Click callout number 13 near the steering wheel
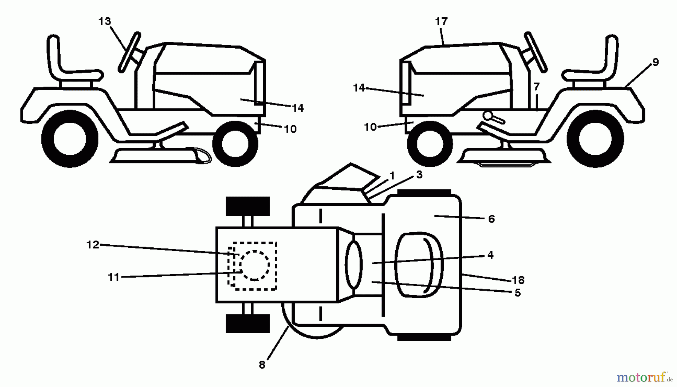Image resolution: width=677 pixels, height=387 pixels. [x=105, y=21]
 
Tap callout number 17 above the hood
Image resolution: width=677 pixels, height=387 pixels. [x=441, y=21]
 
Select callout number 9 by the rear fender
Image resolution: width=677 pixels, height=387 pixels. [x=655, y=62]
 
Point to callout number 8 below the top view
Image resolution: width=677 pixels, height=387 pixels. [x=262, y=364]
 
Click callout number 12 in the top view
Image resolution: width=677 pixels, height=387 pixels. [x=93, y=245]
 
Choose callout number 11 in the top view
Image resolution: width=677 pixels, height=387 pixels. [x=113, y=277]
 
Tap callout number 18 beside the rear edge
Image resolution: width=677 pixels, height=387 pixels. [x=518, y=280]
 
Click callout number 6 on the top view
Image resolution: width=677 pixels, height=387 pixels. [x=491, y=219]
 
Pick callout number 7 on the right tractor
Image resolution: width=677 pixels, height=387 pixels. [x=536, y=87]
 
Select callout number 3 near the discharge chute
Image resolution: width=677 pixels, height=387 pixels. [x=419, y=175]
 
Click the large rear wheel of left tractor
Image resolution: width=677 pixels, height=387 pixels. [x=70, y=139]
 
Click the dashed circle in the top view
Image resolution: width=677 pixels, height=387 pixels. [x=255, y=265]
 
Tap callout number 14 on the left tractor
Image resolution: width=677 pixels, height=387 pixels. [x=298, y=108]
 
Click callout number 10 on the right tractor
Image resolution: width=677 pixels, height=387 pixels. [x=370, y=127]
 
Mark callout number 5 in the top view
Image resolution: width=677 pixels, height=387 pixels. [x=518, y=293]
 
